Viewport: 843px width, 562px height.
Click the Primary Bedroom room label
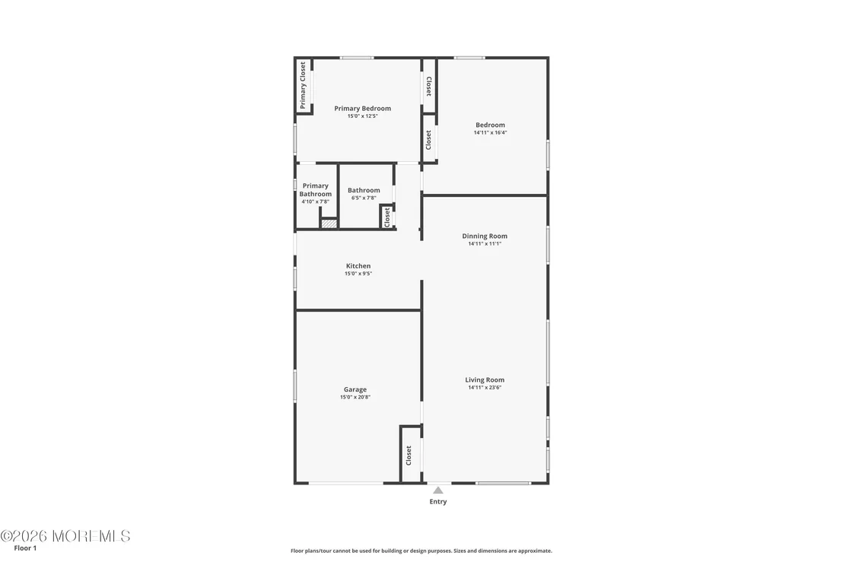coord(362,109)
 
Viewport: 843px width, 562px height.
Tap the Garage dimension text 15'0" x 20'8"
coord(355,398)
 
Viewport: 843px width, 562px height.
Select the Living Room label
coord(485,379)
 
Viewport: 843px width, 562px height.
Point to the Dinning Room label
coord(485,236)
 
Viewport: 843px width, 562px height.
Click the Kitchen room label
coord(358,266)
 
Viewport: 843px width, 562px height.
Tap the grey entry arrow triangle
coord(438,490)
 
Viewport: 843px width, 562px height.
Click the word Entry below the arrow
coord(437,501)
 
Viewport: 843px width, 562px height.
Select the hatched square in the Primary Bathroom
coord(329,224)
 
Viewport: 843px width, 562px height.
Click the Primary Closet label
coord(303,85)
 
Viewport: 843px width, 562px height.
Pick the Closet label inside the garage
coord(409,455)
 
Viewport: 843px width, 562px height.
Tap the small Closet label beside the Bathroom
coord(387,217)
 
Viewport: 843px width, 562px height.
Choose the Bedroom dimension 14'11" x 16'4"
coord(490,133)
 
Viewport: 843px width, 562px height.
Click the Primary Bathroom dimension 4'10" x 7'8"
coord(315,202)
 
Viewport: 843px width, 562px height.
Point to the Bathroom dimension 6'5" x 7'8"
coord(364,198)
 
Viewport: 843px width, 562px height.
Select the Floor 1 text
coord(25,548)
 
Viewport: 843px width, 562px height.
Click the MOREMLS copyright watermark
coord(65,535)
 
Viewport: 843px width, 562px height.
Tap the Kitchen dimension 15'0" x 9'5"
coord(358,274)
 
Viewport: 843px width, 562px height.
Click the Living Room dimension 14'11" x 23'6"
coord(485,387)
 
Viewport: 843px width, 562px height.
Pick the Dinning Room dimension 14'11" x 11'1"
coord(485,243)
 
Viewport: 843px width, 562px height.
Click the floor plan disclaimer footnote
coord(421,551)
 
